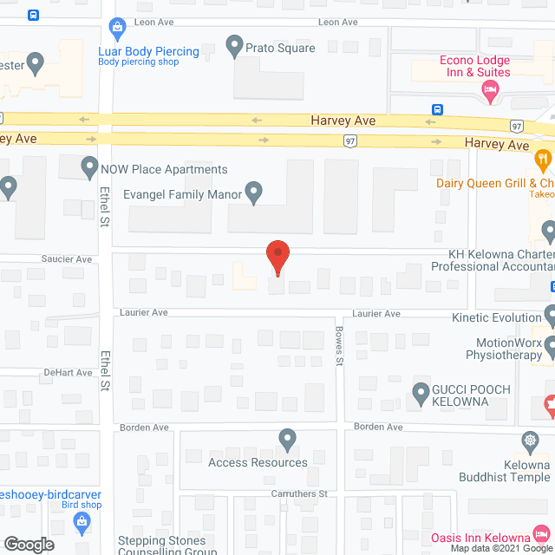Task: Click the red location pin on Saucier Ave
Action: coord(277,257)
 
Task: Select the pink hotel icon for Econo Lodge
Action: coord(490,90)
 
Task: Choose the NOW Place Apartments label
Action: coord(164,169)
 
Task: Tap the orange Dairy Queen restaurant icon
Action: coord(543,158)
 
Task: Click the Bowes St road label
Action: coord(341,351)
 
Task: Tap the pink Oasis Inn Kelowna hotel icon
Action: coord(541,531)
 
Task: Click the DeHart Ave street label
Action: coord(68,373)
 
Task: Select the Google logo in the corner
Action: coord(28,545)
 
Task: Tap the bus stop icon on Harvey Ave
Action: coord(439,110)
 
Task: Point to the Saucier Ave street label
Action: coord(66,259)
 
